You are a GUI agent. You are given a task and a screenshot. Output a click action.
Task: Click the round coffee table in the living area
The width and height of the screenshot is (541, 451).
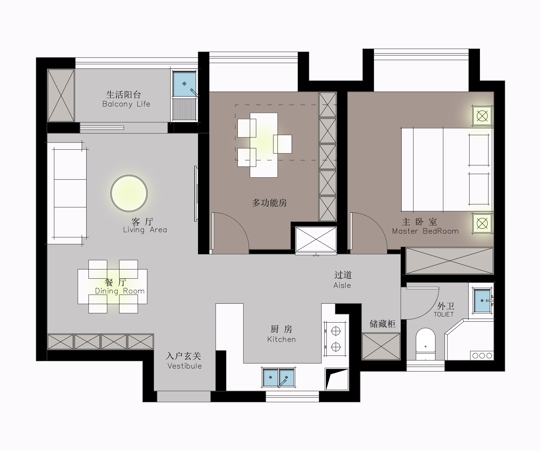[x=129, y=193]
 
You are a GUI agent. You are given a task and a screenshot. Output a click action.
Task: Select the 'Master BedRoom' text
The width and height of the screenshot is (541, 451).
[x=425, y=231]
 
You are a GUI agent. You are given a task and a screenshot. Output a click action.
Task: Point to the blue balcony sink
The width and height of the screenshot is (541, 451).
[x=184, y=84]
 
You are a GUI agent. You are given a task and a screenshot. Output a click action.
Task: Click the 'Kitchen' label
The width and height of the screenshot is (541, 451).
[x=281, y=339]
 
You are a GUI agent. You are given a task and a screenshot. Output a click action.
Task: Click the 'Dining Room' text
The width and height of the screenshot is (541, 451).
[x=120, y=291]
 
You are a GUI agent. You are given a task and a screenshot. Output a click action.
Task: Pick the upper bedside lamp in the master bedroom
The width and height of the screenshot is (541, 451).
[x=482, y=116]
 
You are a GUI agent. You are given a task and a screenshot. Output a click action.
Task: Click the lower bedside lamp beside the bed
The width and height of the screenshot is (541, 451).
[x=482, y=223]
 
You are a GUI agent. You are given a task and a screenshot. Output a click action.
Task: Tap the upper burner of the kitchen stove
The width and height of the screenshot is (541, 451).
[x=336, y=331]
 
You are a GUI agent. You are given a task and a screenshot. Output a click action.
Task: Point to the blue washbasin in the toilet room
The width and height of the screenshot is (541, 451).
[x=482, y=301]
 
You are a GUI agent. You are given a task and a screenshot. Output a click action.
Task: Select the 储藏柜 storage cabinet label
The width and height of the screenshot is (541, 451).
[x=383, y=324]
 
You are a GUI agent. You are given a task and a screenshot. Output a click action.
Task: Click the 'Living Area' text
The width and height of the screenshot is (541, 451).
[x=145, y=230]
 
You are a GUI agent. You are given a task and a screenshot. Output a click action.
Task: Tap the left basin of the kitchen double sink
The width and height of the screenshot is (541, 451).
[x=270, y=377]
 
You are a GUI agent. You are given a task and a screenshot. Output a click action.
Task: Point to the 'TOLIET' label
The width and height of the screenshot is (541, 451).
[x=444, y=314]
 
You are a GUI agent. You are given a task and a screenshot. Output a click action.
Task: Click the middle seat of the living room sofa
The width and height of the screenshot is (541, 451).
[x=70, y=193]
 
